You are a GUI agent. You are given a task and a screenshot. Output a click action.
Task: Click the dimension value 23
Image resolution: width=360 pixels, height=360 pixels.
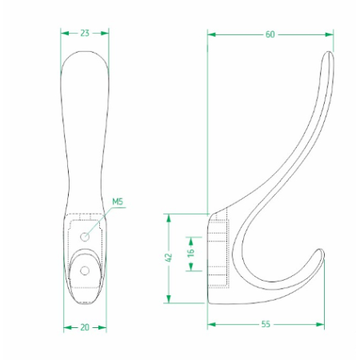click(85, 33)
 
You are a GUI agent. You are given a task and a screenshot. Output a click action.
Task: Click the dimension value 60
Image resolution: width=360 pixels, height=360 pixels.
click(270, 34)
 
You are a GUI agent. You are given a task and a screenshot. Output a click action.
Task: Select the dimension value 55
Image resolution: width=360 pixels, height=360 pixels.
click(266, 324)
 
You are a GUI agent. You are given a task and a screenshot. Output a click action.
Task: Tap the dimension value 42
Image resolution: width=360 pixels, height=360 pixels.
click(169, 258)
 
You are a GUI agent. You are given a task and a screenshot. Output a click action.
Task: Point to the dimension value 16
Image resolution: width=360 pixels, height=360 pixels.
click(190, 252)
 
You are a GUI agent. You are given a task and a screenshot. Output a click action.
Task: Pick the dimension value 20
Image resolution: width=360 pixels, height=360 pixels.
click(85, 327)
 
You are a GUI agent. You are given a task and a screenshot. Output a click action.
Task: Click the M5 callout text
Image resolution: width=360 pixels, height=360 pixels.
click(118, 202)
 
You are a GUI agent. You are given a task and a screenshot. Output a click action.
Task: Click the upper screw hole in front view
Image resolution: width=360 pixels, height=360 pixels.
click(85, 237)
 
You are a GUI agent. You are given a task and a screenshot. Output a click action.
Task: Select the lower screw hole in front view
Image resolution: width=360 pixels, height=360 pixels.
click(85, 271)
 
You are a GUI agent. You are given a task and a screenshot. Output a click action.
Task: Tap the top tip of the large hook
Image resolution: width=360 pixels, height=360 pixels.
click(329, 52)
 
